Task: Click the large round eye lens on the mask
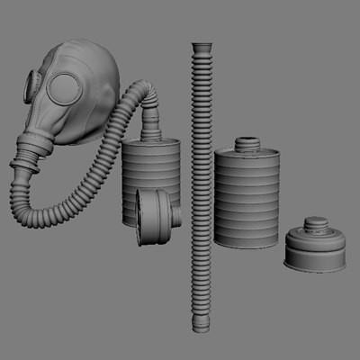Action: click(x=65, y=87)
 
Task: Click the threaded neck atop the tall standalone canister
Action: click(x=247, y=144)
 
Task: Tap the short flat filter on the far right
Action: click(x=315, y=252)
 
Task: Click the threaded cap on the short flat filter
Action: click(x=315, y=225)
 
